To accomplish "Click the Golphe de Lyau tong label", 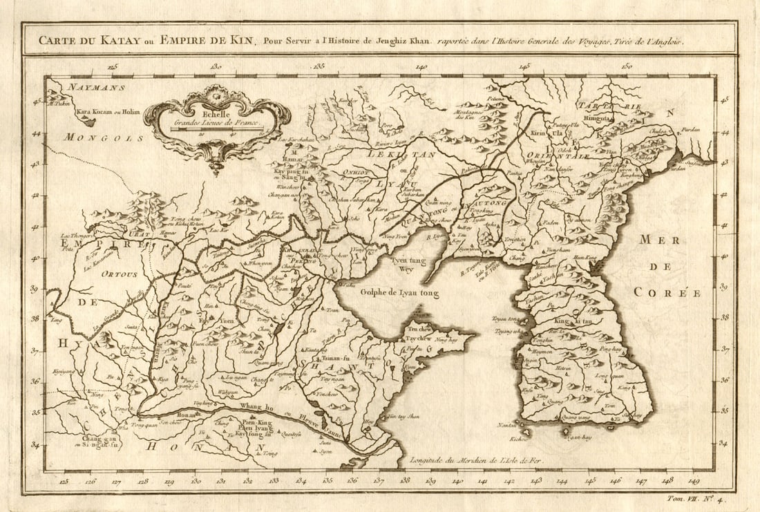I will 399,293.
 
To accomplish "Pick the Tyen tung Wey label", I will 410,265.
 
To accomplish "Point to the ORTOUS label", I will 119,274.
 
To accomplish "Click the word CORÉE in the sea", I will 667,293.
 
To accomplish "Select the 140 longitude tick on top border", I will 421,68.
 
